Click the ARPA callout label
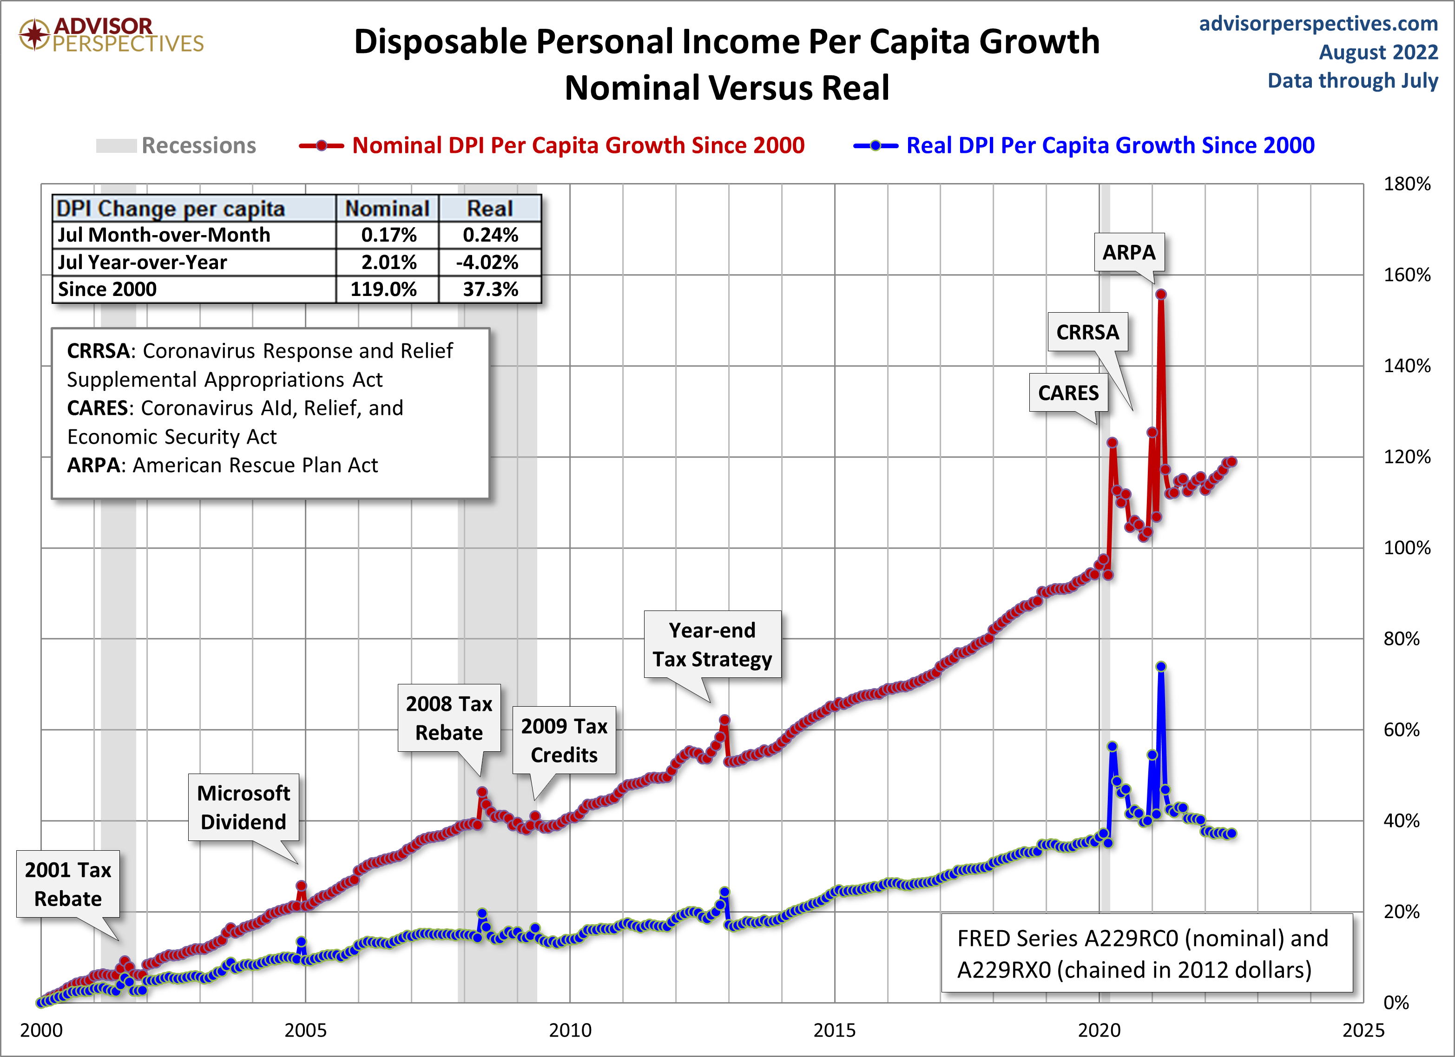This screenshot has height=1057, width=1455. click(1128, 252)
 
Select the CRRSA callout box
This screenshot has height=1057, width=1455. click(1087, 332)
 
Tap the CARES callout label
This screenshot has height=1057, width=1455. click(1068, 393)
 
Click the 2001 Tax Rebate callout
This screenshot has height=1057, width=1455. click(67, 884)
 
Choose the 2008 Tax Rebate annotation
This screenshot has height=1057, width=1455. click(448, 718)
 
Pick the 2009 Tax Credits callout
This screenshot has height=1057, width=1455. click(564, 740)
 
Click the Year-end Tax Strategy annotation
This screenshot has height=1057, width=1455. click(712, 644)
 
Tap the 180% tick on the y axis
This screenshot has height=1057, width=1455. click(1406, 184)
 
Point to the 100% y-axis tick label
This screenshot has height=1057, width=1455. click(1406, 548)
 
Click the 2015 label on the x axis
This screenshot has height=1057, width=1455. click(834, 1030)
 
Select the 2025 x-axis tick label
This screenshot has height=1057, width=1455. click(1363, 1030)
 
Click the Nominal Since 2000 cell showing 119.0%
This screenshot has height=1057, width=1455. click(384, 289)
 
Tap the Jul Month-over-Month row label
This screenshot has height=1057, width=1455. click(164, 235)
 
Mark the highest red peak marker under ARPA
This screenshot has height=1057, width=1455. click(1160, 295)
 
